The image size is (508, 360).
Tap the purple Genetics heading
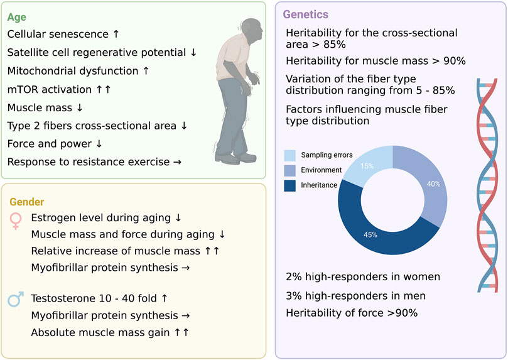305,14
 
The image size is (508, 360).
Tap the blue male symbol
17,299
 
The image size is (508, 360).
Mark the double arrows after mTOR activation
104,89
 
